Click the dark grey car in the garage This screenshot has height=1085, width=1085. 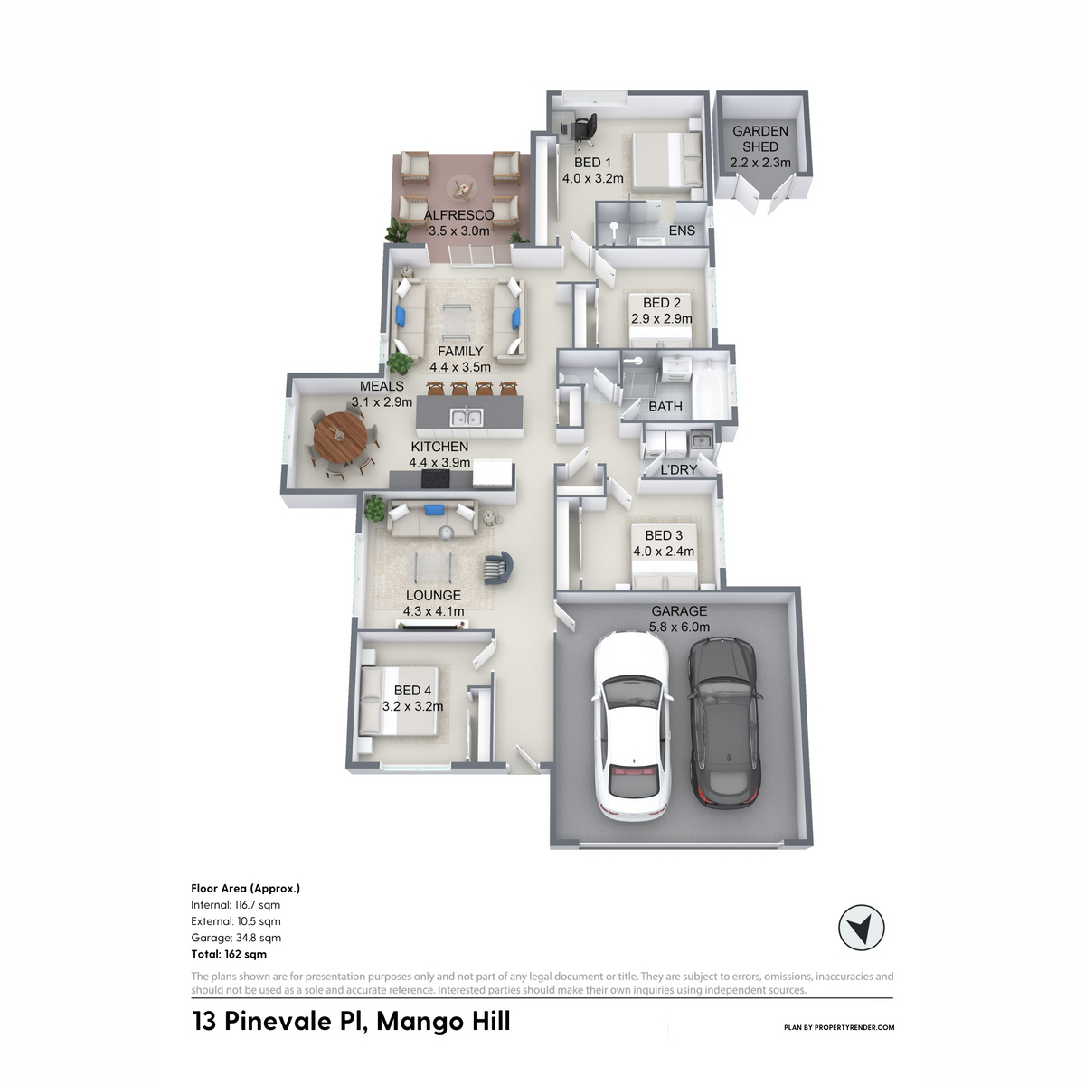724,724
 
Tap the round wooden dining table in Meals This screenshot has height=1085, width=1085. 340,437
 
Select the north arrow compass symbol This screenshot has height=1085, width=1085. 861,928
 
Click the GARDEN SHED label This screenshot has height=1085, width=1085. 760,139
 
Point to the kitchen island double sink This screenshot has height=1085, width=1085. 467,418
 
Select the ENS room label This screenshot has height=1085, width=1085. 682,231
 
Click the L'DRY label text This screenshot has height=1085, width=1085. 678,469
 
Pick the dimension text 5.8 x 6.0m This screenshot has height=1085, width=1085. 679,627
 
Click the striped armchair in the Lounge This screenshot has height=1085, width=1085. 498,568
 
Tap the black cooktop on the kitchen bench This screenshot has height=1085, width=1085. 436,479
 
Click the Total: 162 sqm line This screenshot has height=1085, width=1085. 229,955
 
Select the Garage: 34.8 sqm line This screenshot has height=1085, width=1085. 236,938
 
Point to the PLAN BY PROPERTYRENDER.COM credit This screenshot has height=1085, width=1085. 839,1027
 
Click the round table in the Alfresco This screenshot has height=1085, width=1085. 462,189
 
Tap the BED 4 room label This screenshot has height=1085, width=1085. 412,690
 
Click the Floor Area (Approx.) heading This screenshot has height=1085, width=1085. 246,889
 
